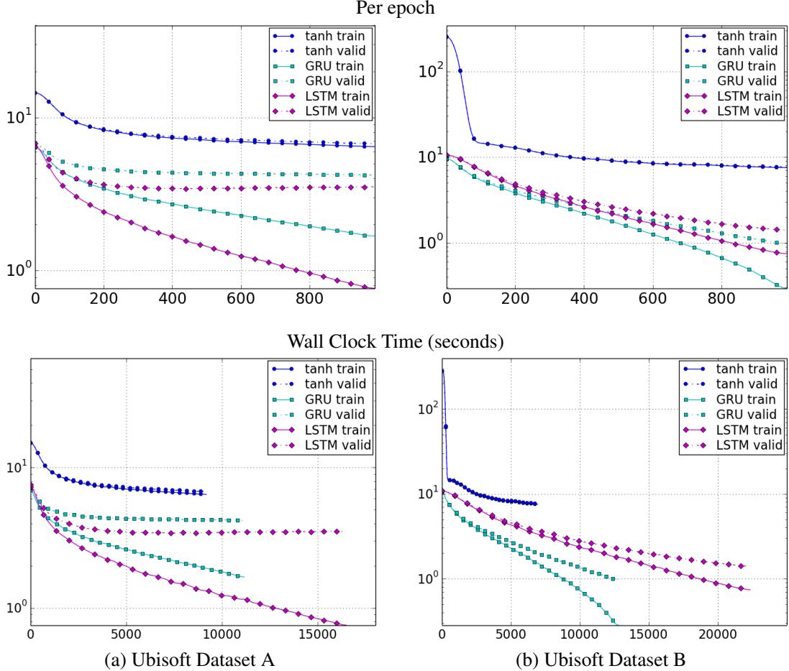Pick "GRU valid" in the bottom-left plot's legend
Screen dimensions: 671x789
(340, 414)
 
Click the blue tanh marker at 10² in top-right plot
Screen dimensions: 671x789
(460, 70)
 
